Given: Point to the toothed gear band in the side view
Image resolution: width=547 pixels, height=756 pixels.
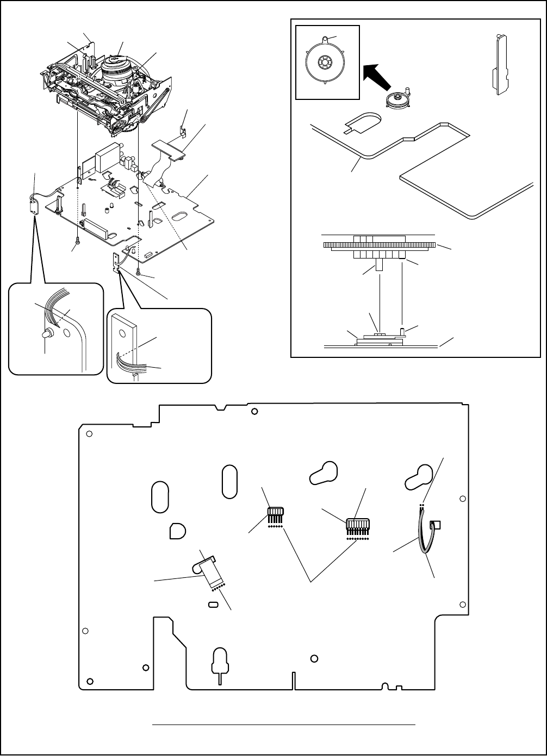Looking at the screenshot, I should (x=379, y=245).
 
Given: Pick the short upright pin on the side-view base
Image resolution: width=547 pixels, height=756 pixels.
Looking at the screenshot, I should (x=403, y=331).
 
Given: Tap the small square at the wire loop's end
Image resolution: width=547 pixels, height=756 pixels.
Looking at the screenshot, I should (x=435, y=525).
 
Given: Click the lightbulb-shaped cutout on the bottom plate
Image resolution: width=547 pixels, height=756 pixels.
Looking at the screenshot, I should (x=219, y=660).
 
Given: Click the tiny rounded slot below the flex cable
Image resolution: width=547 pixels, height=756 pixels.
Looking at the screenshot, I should (x=213, y=604).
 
